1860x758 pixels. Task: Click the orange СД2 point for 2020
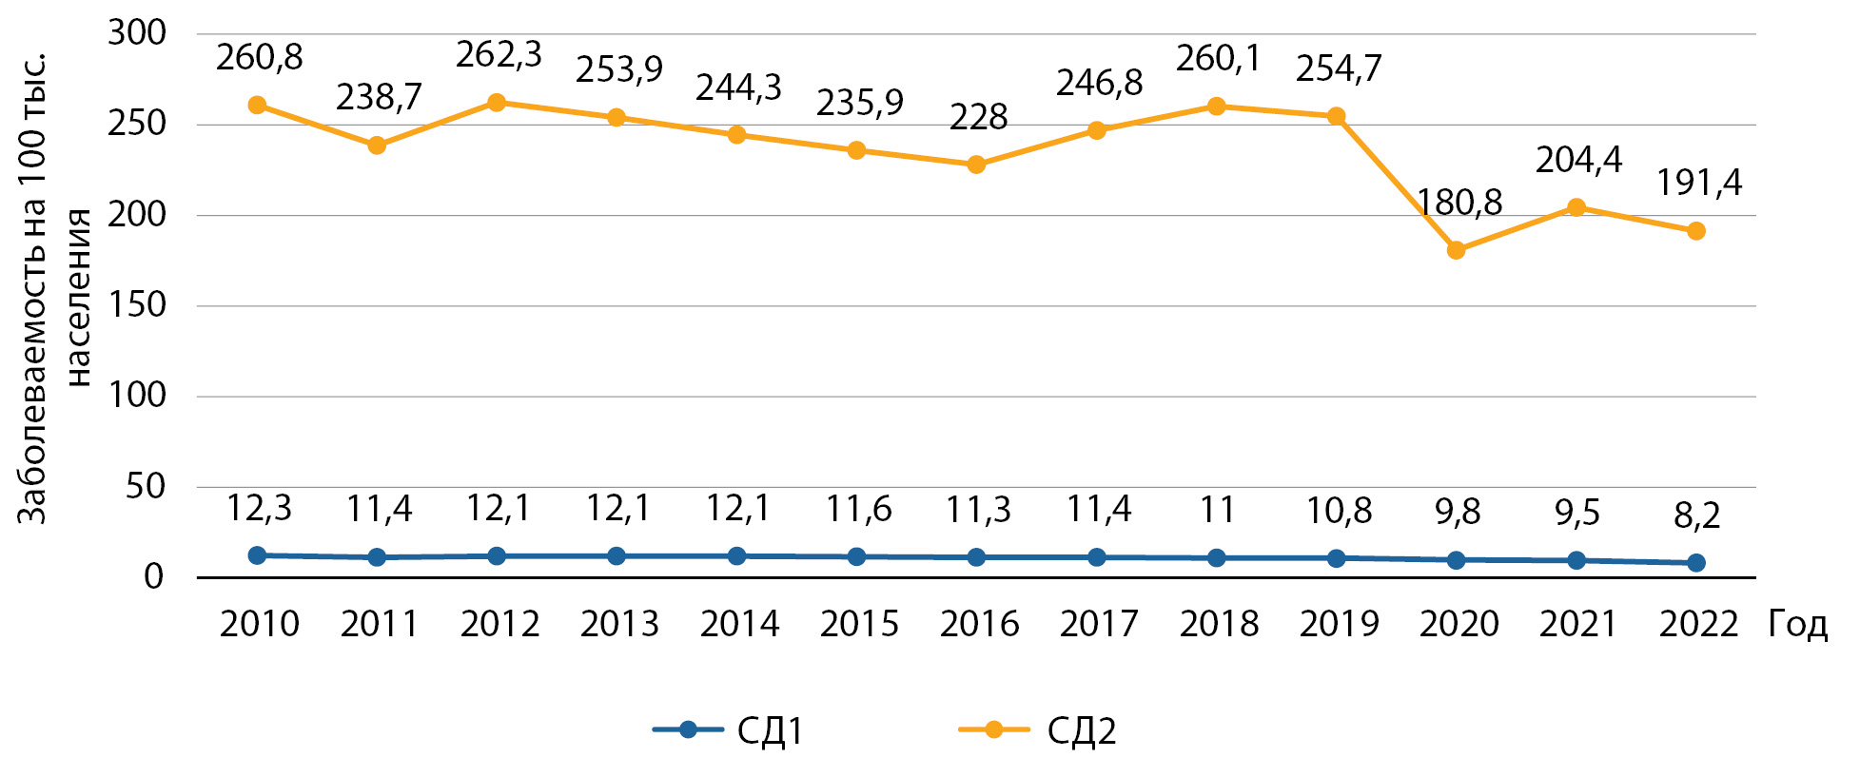[x=1456, y=250]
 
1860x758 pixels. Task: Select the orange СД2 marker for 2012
[x=497, y=103]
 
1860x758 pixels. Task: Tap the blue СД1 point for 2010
[x=257, y=555]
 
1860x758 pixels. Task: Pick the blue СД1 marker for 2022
[x=1695, y=563]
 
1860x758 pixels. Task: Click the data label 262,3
[x=499, y=55]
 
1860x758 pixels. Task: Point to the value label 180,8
[x=1459, y=203]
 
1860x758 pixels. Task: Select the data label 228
[x=978, y=118]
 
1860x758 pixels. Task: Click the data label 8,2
[x=1697, y=516]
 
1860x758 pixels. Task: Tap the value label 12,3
[x=259, y=510]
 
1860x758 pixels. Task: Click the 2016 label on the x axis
[x=979, y=625]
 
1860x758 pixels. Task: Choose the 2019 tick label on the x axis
[x=1339, y=625]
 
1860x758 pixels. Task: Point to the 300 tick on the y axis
[x=136, y=33]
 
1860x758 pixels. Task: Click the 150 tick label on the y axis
[x=136, y=305]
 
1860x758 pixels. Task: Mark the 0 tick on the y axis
[x=153, y=577]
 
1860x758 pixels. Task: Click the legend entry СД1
[x=770, y=731]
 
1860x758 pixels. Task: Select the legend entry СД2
[x=1081, y=731]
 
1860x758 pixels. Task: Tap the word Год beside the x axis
[x=1797, y=625]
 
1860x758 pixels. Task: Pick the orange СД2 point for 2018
[x=1216, y=107]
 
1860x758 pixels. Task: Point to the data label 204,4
[x=1578, y=160]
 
